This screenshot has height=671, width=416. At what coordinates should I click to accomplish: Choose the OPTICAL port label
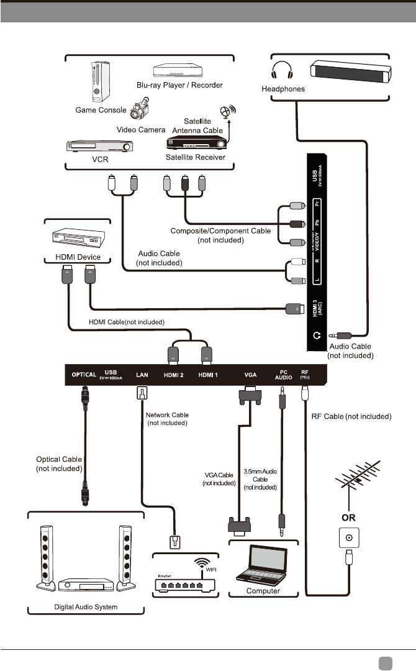83,375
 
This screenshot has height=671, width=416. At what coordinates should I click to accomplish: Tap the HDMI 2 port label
174,375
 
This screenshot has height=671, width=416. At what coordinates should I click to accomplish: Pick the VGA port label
250,375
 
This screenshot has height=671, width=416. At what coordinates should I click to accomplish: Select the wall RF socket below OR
348,537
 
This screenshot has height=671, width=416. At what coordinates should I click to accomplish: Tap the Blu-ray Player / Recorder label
179,84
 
